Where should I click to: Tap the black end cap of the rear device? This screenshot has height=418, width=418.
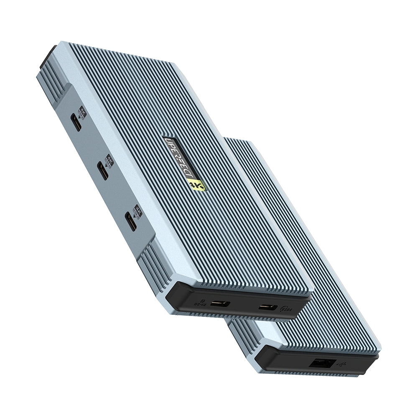click(x=293, y=359)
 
